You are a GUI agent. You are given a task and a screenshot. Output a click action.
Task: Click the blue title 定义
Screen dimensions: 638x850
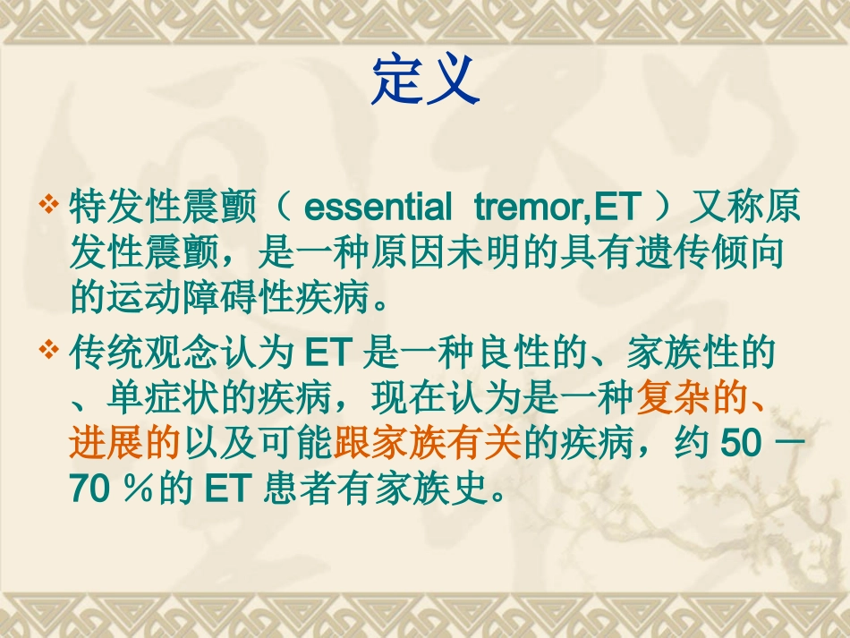(426, 81)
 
